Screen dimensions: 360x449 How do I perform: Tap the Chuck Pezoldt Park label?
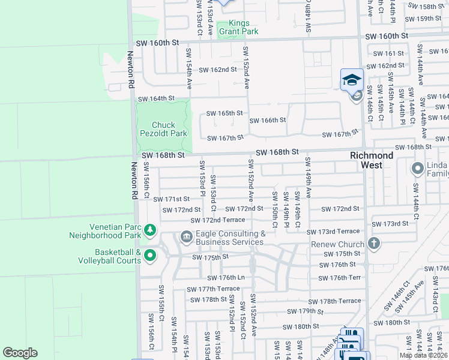coord(159,129)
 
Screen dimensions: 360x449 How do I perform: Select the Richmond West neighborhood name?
coord(372,160)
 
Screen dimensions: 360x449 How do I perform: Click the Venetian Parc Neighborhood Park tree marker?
coord(150,230)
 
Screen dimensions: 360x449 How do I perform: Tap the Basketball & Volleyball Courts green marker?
coord(150,256)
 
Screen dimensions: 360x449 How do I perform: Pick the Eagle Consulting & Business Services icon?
coord(186,238)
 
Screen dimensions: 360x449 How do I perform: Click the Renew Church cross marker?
coord(373,244)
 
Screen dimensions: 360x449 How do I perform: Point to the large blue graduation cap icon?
coord(352,80)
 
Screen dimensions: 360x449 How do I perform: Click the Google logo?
coord(20,353)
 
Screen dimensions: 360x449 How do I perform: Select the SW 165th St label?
coord(224,113)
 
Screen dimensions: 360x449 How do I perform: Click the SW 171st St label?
coord(171,199)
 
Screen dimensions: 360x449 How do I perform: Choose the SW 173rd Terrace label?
coord(333,232)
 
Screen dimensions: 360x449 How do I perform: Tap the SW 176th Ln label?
coord(226,278)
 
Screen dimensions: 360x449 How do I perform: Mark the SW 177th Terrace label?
coord(212,289)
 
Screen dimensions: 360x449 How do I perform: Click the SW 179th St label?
coord(305,311)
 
